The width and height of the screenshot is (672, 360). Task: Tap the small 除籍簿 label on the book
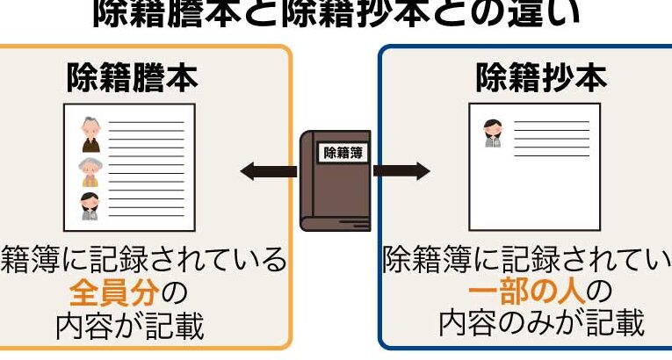pyautogui.click(x=343, y=152)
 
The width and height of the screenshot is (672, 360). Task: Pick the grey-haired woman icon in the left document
pyautogui.click(x=90, y=171)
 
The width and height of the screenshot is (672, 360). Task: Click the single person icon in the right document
pyautogui.click(x=491, y=133)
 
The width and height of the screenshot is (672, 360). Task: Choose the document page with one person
pyautogui.click(x=534, y=167)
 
